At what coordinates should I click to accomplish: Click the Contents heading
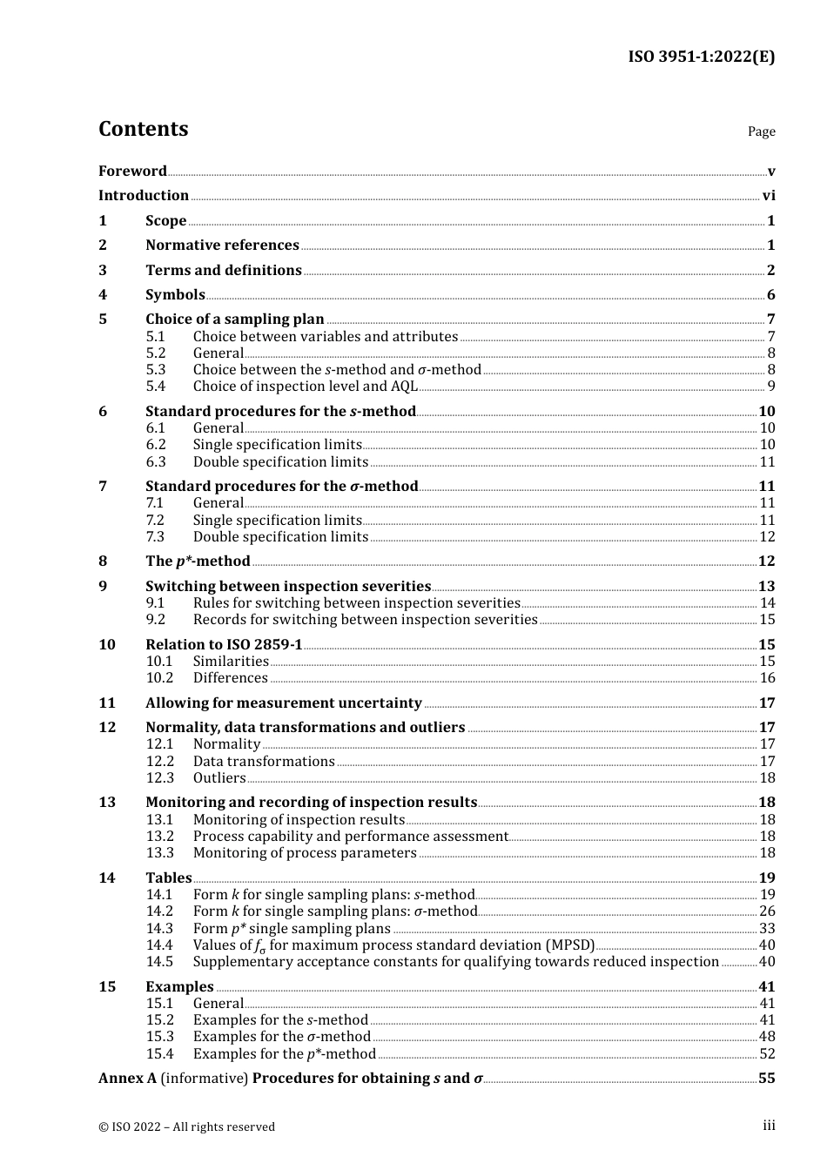[x=143, y=129]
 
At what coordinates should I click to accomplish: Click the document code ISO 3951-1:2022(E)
[x=701, y=57]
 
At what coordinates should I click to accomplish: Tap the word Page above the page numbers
[x=761, y=131]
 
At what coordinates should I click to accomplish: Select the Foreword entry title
[x=132, y=171]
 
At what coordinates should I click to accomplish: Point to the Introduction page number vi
[x=769, y=196]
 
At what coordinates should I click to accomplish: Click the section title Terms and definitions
[x=223, y=270]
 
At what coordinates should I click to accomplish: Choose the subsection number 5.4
[x=156, y=387]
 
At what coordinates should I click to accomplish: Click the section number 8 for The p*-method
[x=103, y=561]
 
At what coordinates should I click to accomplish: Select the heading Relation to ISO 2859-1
[x=224, y=645]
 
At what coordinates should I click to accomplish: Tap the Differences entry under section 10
[x=230, y=678]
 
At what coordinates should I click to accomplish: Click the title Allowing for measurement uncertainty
[x=283, y=703]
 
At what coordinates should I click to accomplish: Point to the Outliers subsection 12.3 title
[x=219, y=778]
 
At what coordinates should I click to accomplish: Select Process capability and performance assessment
[x=350, y=837]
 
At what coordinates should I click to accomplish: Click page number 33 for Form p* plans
[x=767, y=929]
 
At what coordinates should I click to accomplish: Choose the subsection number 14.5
[x=159, y=962]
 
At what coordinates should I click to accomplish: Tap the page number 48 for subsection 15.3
[x=767, y=1037]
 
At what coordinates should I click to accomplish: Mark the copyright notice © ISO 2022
[x=186, y=1126]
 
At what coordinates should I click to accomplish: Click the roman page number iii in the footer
[x=769, y=1126]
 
